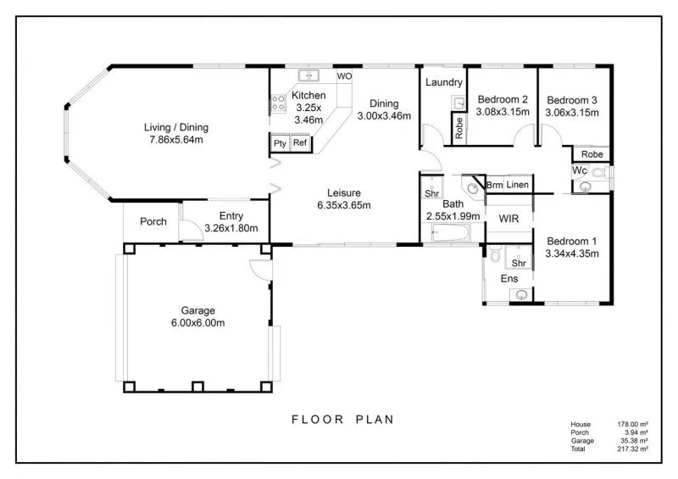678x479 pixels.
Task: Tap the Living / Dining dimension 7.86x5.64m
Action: point(175,140)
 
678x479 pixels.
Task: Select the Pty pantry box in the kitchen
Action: point(280,143)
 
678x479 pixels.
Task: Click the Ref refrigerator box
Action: point(300,143)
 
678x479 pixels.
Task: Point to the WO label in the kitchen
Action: point(344,76)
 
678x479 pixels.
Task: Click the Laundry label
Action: point(443,82)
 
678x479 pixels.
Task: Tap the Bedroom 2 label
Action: point(502,98)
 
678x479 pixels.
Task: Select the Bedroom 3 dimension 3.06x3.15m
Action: point(572,112)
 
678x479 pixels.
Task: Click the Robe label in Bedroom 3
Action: point(592,154)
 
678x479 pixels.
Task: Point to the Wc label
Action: point(580,170)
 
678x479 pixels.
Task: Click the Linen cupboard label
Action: point(518,185)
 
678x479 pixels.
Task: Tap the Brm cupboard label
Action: point(494,185)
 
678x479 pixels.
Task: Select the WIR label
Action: point(508,219)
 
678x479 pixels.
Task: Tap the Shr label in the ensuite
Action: point(519,264)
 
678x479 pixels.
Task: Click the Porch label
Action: point(153,222)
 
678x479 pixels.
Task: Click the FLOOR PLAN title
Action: point(342,419)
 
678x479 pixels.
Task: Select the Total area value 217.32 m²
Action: point(633,448)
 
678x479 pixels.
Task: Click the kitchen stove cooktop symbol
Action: point(277,104)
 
